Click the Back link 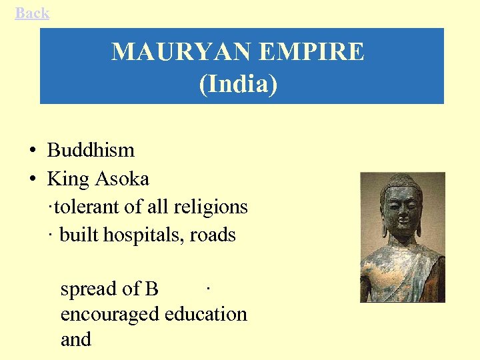32,13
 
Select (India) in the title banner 238,85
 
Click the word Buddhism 91,150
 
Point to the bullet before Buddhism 33,151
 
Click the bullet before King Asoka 33,179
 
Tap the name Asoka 122,179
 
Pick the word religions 211,207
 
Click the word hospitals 146,235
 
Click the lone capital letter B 151,289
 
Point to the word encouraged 110,314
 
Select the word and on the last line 75,339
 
